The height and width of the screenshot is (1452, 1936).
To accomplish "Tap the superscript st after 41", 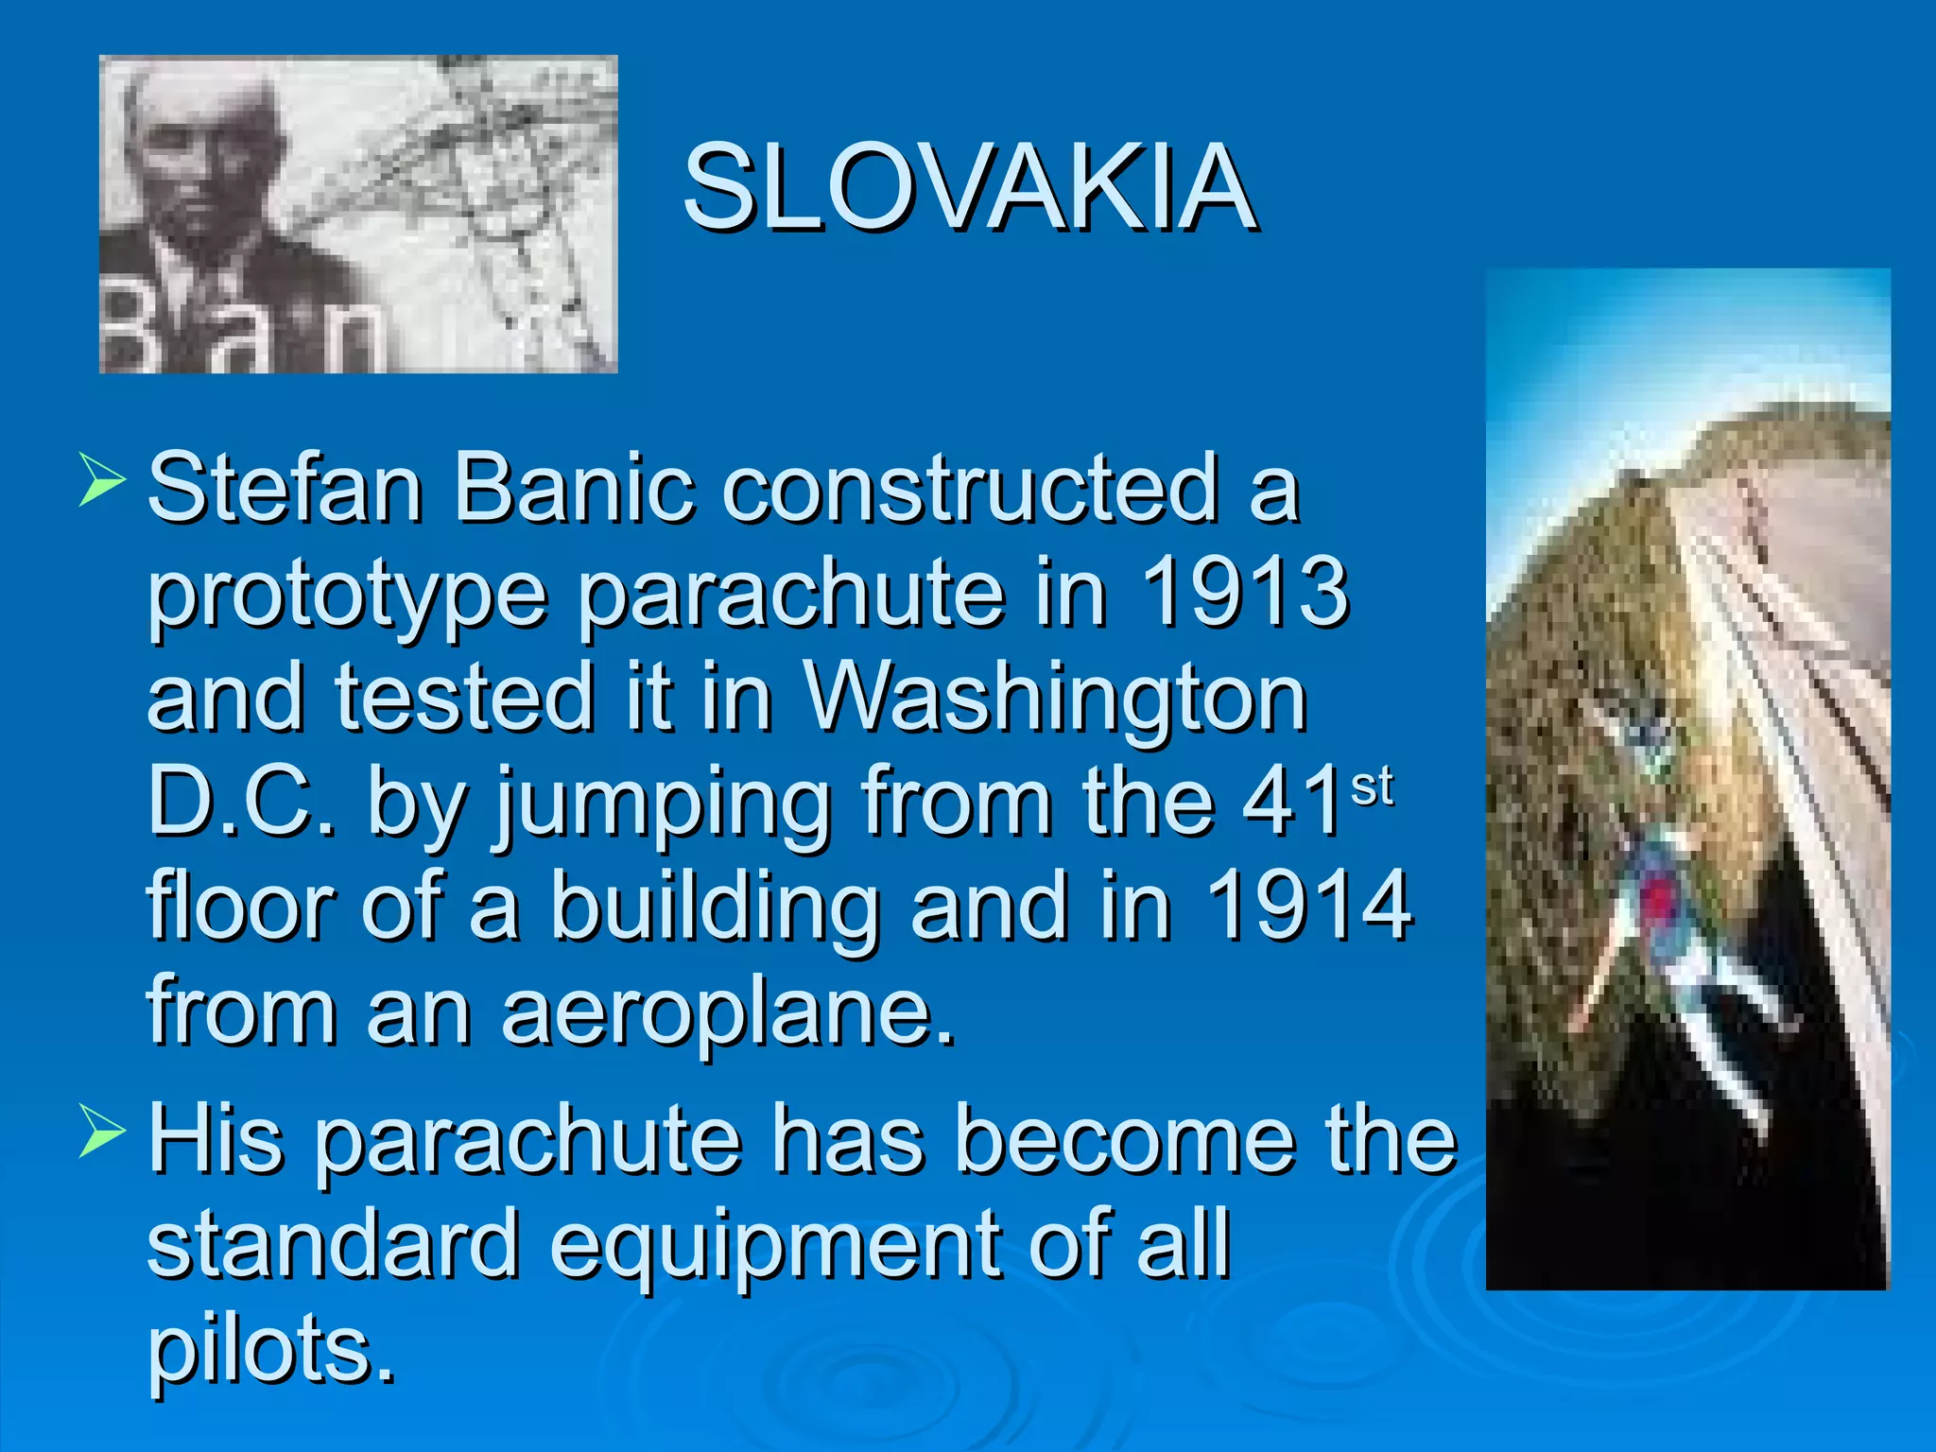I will (x=1371, y=786).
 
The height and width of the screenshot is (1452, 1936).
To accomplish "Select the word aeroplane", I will (x=728, y=1011).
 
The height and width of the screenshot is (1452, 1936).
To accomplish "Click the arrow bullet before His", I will (x=102, y=1129).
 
